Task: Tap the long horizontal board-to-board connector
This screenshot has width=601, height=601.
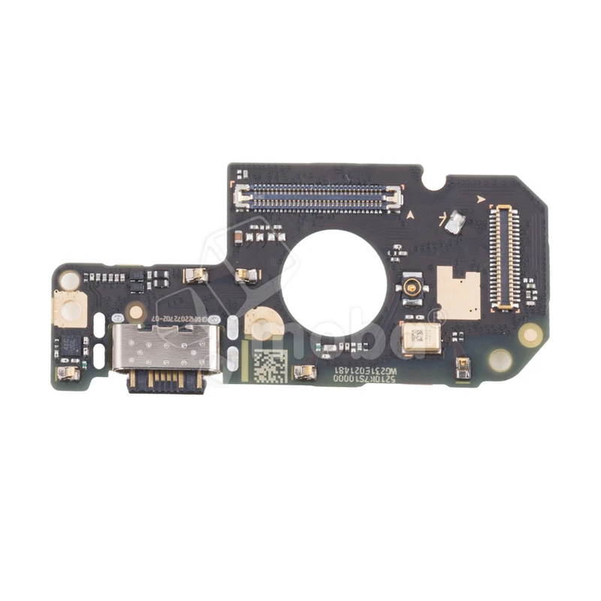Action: [319, 198]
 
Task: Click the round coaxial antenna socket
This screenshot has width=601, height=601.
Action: [412, 288]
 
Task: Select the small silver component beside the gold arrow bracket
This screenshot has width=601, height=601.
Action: [453, 221]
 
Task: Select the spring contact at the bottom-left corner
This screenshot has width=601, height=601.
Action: [68, 373]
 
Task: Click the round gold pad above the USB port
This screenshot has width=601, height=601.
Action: [135, 310]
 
